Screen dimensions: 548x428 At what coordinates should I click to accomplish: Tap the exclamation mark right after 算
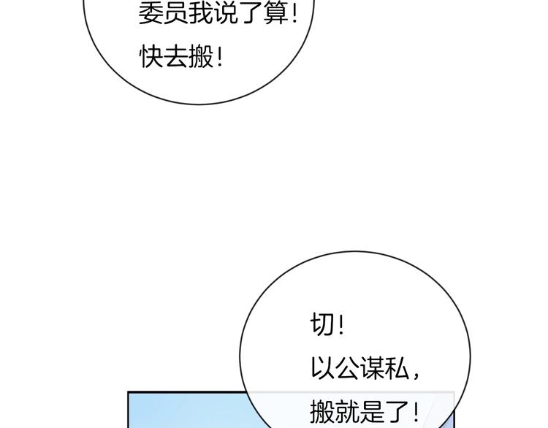[x=294, y=14]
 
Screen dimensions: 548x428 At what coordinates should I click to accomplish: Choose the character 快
[x=151, y=57]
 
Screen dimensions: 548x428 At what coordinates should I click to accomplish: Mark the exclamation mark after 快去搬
[x=220, y=57]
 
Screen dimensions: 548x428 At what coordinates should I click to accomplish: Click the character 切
[x=322, y=324]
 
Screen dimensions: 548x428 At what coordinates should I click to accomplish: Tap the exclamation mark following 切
[x=341, y=324]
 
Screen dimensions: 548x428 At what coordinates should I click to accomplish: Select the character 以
[x=322, y=368]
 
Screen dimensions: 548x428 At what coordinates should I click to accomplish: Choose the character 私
[x=397, y=368]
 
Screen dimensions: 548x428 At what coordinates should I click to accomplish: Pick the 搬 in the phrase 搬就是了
[x=322, y=412]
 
